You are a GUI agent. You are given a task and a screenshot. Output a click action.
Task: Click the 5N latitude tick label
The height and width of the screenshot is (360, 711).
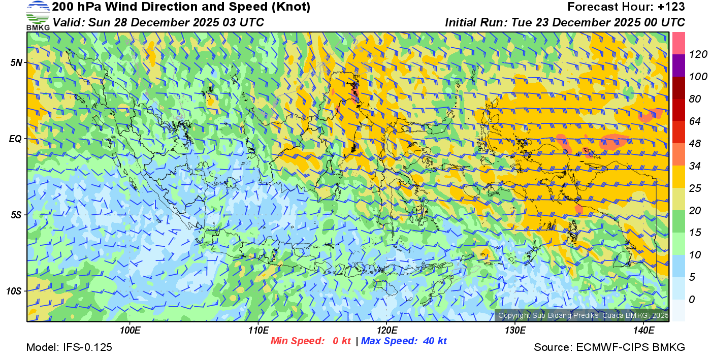pos(16,62)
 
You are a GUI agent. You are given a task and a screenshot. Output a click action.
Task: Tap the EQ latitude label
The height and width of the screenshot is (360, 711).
pos(16,138)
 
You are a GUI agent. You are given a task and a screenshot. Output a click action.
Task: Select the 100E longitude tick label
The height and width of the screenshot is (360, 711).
pos(130,331)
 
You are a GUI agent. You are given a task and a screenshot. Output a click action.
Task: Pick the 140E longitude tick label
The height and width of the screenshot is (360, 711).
pos(643,331)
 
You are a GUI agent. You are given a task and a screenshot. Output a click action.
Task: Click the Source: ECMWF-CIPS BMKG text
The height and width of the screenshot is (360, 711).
pos(609,347)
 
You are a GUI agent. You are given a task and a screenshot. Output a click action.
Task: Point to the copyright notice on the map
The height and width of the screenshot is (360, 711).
pos(583,316)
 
